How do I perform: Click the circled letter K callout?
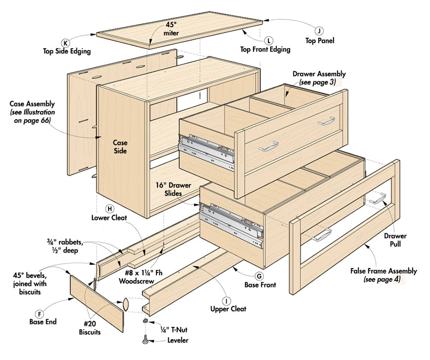point(66,43)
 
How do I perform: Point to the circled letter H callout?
point(110,208)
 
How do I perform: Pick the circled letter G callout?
point(258,276)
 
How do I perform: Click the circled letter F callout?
point(41,313)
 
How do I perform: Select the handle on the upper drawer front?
point(268,147)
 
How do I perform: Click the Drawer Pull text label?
point(395,240)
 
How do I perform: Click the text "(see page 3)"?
point(316,82)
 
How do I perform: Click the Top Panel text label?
point(319,41)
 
